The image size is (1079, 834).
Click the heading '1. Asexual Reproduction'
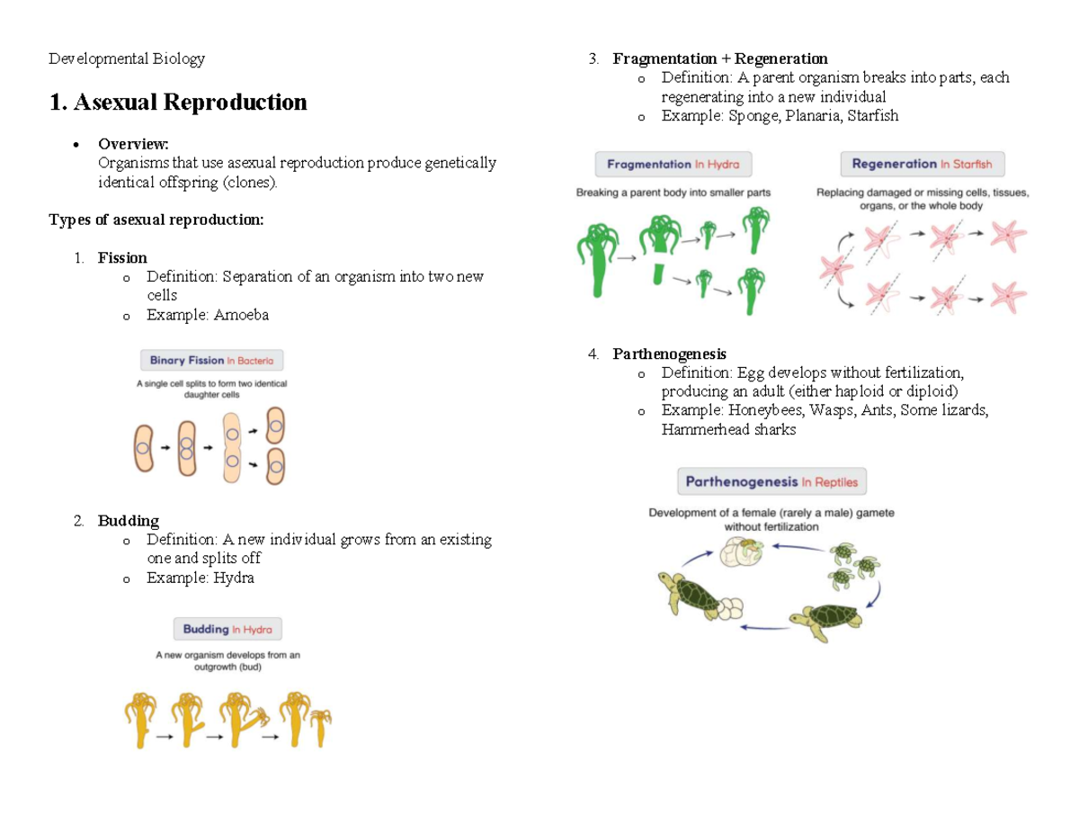coord(178,103)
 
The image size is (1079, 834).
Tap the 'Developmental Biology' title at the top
coord(127,58)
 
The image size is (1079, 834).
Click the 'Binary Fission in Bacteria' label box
coord(212,361)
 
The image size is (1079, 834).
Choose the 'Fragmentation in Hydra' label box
coord(673,165)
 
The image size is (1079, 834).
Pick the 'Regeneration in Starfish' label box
coord(922,165)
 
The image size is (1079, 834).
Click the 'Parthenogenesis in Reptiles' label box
coord(771,482)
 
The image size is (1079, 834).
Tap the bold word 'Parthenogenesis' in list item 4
coord(669,354)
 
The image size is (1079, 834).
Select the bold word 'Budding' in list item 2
coord(128,520)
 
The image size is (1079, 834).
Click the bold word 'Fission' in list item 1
coord(122,257)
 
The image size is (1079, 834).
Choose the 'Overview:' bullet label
coord(133,143)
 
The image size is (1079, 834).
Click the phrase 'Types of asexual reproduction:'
coord(156,220)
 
